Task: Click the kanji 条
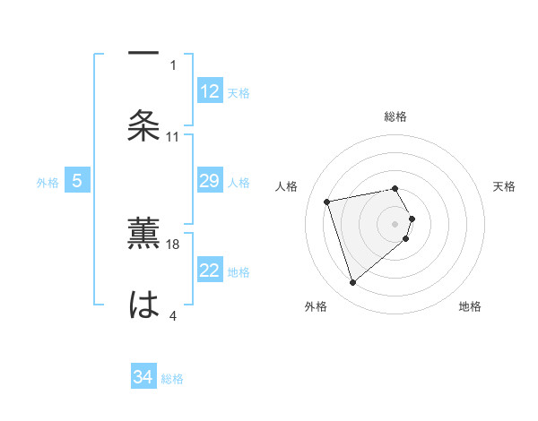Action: coord(143,125)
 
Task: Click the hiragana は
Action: coord(143,304)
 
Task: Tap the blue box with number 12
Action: coord(210,91)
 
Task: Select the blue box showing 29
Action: coord(210,182)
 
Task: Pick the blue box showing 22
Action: coord(210,271)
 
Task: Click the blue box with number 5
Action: coord(77,182)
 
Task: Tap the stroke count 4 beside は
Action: coord(173,315)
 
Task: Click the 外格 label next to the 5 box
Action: coord(48,183)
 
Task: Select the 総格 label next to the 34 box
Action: coord(172,379)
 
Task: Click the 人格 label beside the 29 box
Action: coord(239,183)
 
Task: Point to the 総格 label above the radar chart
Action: coord(395,116)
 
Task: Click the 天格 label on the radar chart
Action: coord(505,186)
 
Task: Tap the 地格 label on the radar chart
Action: coord(470,307)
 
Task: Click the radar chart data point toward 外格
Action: coord(353,283)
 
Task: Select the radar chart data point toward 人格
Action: coord(327,201)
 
